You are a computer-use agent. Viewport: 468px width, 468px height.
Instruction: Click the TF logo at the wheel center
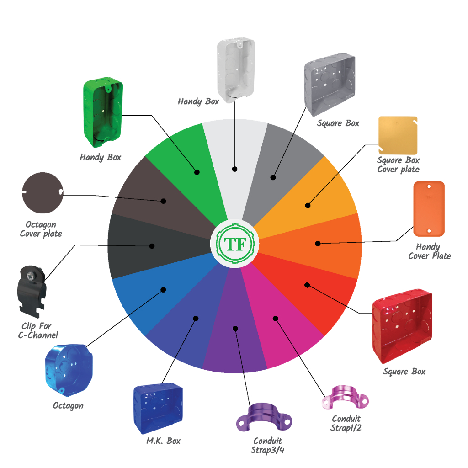pos(235,244)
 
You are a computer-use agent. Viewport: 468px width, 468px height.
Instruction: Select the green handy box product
pos(103,112)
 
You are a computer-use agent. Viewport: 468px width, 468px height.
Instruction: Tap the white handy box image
pos(236,70)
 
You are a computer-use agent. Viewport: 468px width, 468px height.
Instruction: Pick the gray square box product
pos(330,84)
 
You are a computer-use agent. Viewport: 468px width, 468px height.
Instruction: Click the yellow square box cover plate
pos(398,135)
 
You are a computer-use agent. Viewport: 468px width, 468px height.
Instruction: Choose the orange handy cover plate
pos(429,208)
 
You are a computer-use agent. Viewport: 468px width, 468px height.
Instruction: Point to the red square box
pos(402,325)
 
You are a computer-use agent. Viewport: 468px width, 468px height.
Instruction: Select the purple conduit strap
pos(264,417)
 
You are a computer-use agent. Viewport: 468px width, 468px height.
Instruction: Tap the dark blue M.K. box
pos(158,408)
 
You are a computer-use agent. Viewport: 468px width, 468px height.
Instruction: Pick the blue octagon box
pos(69,370)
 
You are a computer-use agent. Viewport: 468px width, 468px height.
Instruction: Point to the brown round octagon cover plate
pos(43,193)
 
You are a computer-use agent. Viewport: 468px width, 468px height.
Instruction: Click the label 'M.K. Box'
pos(164,441)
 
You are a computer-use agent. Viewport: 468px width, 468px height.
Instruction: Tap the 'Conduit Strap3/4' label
pos(267,445)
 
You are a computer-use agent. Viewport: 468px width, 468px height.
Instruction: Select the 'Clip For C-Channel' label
pos(38,330)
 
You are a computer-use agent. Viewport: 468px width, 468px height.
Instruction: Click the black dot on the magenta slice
pos(276,319)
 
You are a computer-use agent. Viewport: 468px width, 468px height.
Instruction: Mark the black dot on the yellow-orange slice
pos(308,205)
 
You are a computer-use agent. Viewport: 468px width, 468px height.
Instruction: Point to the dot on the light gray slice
pos(234,169)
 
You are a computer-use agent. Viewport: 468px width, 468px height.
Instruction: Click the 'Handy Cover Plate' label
pos(430,251)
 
